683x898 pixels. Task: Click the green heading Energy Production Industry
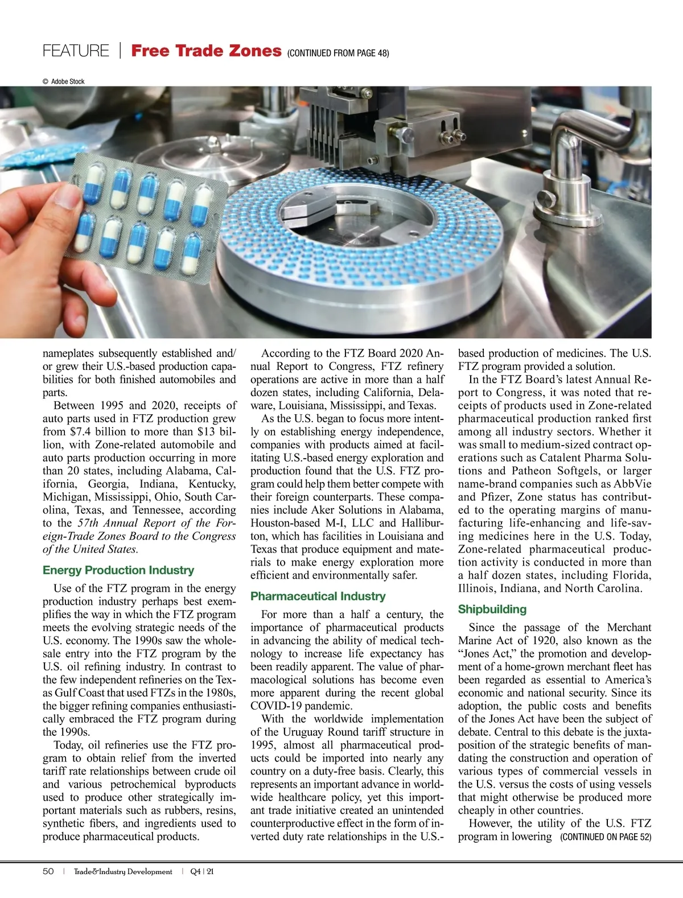(118, 570)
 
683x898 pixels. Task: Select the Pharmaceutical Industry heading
(318, 596)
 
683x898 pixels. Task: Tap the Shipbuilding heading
(492, 609)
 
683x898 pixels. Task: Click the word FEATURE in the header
(76, 51)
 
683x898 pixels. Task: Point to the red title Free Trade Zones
(206, 51)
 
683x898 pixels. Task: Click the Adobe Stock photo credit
(64, 81)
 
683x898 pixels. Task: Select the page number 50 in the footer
(48, 872)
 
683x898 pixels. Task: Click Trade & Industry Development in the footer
(123, 872)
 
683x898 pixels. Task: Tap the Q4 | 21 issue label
(202, 872)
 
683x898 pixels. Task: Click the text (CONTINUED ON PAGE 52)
(606, 837)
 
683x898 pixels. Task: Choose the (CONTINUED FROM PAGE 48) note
(338, 53)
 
